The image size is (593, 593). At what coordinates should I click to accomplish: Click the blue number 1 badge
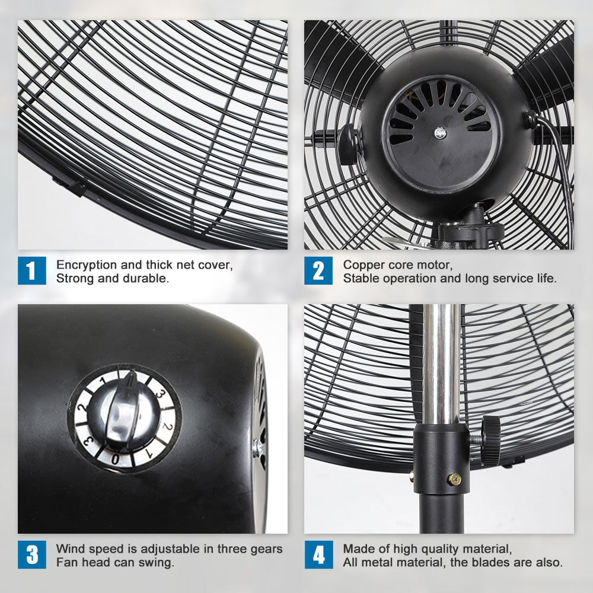(31, 270)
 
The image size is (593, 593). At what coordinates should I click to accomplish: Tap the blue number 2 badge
(318, 270)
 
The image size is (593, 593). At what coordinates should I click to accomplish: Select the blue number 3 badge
(31, 555)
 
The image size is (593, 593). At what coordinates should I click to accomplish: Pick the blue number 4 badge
(318, 555)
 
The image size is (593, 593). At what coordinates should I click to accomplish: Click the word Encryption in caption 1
(84, 264)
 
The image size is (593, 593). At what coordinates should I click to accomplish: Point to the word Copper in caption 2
(362, 264)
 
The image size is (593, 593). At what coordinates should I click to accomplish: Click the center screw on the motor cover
(439, 133)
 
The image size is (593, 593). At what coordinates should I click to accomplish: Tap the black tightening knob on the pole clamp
(490, 440)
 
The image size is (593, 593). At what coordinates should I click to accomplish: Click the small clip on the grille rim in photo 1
(69, 187)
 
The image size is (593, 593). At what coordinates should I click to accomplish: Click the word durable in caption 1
(149, 278)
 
